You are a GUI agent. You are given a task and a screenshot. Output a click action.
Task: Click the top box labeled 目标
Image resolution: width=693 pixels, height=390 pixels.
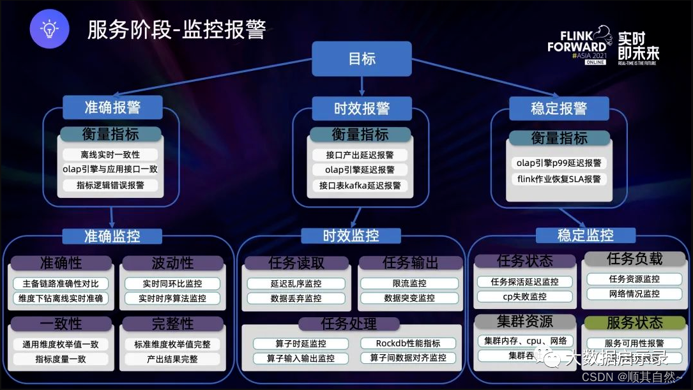(362, 59)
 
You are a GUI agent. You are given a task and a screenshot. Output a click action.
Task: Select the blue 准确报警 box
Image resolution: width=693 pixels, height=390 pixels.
(112, 107)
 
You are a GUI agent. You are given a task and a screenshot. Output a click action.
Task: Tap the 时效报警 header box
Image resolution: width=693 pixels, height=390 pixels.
(362, 108)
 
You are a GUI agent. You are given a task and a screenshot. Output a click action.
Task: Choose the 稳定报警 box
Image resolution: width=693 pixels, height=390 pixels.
(559, 108)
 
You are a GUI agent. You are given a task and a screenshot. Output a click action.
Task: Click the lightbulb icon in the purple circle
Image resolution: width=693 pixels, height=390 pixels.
(49, 29)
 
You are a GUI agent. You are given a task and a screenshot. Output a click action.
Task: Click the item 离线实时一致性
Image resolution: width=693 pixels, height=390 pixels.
(110, 154)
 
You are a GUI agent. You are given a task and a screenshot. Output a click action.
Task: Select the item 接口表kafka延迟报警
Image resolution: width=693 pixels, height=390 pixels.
(360, 186)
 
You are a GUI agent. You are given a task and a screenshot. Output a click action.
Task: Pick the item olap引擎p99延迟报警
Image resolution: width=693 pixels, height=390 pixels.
(559, 163)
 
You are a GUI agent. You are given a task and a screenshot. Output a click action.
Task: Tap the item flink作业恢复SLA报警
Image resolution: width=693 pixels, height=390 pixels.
(559, 179)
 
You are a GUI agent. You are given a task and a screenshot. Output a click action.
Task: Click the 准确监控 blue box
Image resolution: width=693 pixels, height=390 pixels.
(112, 236)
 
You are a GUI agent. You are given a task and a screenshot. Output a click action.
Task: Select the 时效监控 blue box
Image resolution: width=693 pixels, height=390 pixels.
(351, 236)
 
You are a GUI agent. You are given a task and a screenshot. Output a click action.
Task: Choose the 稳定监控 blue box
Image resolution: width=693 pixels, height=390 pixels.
(585, 235)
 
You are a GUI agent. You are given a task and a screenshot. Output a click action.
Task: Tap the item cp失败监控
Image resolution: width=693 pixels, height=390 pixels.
(521, 296)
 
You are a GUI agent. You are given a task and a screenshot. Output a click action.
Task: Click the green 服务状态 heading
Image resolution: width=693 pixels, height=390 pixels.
(634, 322)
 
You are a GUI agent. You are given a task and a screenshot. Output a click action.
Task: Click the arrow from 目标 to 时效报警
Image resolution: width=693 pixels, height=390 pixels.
(362, 86)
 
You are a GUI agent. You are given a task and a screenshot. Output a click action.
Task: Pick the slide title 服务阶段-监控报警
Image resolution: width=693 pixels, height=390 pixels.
(176, 29)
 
